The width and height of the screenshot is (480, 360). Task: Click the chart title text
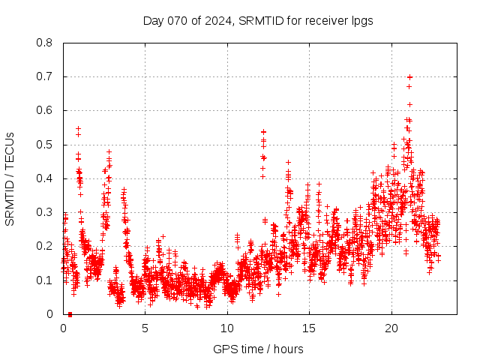(x=258, y=20)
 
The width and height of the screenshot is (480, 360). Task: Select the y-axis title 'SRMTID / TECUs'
(x=10, y=178)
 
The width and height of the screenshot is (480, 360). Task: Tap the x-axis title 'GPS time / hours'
(x=258, y=349)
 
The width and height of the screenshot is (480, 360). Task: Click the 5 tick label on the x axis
(x=145, y=328)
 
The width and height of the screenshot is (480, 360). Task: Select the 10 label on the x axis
(x=227, y=328)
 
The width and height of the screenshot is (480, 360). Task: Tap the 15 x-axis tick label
(x=309, y=328)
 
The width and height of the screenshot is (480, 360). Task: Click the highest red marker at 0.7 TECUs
(x=409, y=76)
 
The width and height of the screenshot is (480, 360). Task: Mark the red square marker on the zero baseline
(x=70, y=313)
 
